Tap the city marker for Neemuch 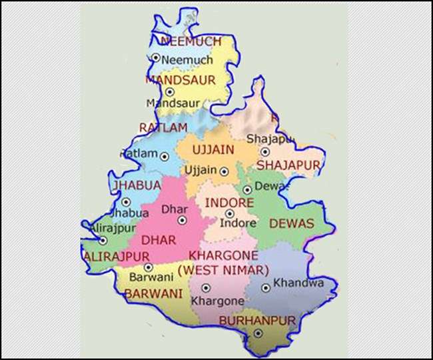coord(156,58)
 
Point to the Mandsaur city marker coord(170,92)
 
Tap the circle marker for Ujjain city coord(224,170)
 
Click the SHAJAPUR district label coord(288,164)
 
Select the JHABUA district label coord(137,185)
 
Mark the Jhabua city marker coord(126,201)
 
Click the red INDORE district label coord(228,202)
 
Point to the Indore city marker coord(230,214)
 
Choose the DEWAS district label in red coord(291,225)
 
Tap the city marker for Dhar coord(182,220)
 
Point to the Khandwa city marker coord(266,288)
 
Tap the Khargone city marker coord(206,288)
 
